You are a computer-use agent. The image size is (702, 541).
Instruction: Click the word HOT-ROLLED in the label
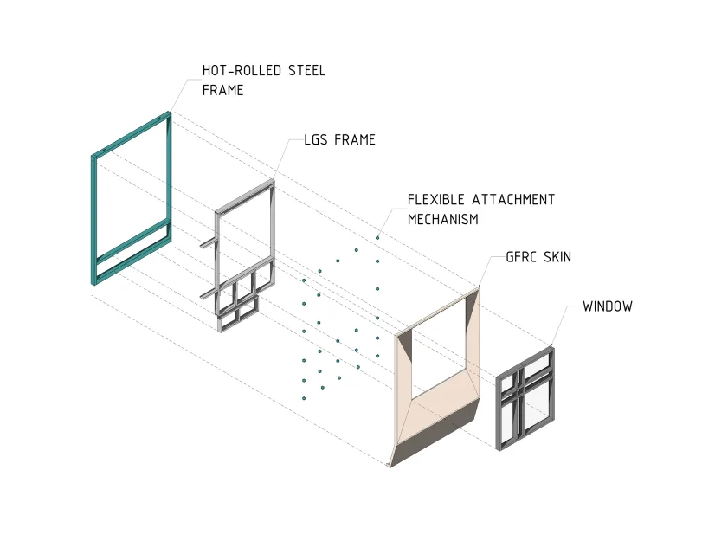pyautogui.click(x=242, y=71)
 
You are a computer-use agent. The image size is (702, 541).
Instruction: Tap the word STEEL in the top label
pyautogui.click(x=306, y=71)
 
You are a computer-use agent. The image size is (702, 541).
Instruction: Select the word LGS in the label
pyautogui.click(x=315, y=139)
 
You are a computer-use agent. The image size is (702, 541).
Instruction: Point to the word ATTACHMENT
pyautogui.click(x=513, y=199)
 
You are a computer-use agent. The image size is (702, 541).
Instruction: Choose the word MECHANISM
pyautogui.click(x=443, y=219)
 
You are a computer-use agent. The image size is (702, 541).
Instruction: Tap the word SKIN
pyautogui.click(x=557, y=257)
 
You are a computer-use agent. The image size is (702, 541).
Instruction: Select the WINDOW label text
pyautogui.click(x=608, y=306)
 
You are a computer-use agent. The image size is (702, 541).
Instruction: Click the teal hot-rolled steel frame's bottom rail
pyautogui.click(x=132, y=261)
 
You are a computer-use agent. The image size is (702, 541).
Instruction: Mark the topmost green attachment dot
pyautogui.click(x=377, y=238)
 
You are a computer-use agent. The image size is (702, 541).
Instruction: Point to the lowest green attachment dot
pyautogui.click(x=304, y=398)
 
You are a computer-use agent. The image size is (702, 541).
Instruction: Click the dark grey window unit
pyautogui.click(x=525, y=398)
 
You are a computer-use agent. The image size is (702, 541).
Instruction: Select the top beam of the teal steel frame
pyautogui.click(x=132, y=133)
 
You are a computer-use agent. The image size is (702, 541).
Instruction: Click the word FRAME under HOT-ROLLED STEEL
pyautogui.click(x=223, y=91)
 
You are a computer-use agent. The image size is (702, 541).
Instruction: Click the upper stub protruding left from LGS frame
pyautogui.click(x=209, y=242)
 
